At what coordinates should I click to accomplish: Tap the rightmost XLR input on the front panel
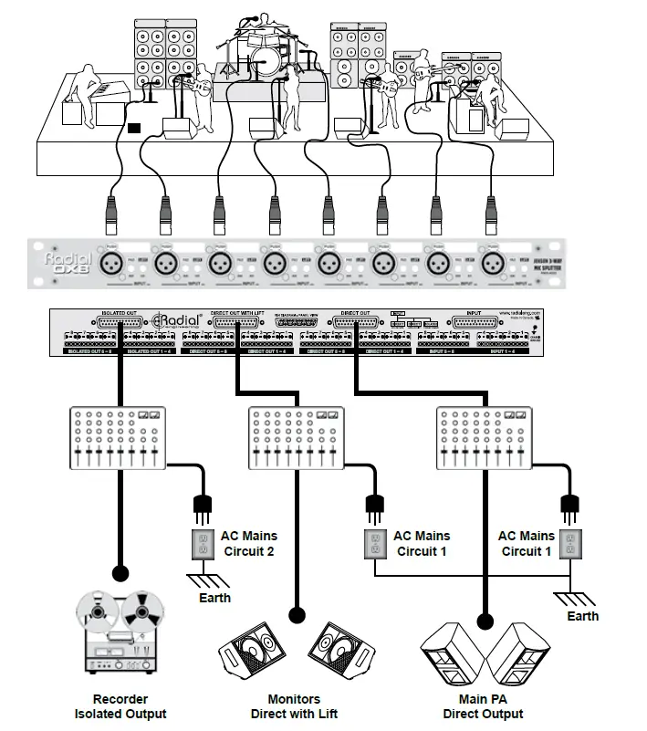[x=492, y=263]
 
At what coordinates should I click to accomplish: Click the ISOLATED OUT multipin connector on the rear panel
[x=118, y=322]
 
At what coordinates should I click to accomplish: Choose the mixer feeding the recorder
[x=116, y=438]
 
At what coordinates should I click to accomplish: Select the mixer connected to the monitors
[x=296, y=438]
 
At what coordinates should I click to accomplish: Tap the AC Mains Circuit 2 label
[x=248, y=543]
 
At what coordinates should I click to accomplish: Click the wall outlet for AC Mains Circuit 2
[x=202, y=544]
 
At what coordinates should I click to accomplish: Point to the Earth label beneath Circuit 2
[x=215, y=598]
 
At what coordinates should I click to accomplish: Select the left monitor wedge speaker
[x=248, y=652]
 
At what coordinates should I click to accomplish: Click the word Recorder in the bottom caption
[x=120, y=700]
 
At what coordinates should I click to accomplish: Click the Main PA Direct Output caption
[x=483, y=706]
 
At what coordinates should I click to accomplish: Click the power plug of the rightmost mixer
[x=571, y=503]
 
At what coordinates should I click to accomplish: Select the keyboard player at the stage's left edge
[x=87, y=91]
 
